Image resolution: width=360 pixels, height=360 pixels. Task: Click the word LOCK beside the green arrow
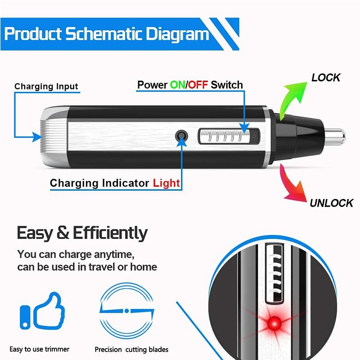(x=326, y=77)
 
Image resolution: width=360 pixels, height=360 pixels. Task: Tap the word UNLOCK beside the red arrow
(x=331, y=203)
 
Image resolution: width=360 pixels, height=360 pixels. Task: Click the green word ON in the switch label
(x=177, y=85)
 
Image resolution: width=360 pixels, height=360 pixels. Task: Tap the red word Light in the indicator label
(x=166, y=183)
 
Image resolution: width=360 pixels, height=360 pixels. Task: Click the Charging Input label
(x=46, y=86)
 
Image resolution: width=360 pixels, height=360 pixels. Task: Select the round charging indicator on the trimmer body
(x=181, y=136)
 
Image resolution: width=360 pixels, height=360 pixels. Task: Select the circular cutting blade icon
(x=127, y=310)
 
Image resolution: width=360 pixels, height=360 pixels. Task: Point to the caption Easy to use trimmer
(x=40, y=349)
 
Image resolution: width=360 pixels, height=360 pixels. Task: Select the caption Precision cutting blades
(x=131, y=349)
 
